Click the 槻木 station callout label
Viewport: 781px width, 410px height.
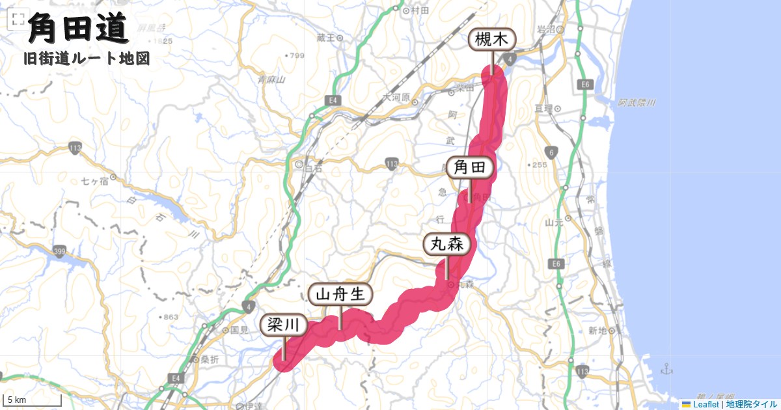492,40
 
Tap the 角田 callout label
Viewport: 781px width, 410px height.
470,167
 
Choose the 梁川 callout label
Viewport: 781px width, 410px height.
284,325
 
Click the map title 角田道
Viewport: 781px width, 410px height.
77,29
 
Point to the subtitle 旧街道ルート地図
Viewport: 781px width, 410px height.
87,59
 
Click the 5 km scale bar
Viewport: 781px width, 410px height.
33,400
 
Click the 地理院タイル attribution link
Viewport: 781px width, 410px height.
751,404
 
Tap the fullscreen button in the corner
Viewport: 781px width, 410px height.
14,20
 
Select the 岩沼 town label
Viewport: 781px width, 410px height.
544,29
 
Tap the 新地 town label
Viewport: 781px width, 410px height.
597,331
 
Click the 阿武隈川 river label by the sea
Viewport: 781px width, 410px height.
637,103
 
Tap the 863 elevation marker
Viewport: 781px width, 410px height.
171,317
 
